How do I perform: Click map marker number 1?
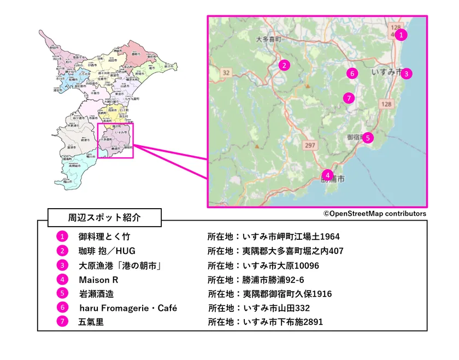[401, 35]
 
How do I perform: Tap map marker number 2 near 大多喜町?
[283, 66]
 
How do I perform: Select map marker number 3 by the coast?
[406, 73]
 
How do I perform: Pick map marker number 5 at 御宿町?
[368, 138]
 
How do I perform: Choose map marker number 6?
[352, 73]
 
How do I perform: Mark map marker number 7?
[350, 98]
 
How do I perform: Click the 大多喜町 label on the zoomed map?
[268, 39]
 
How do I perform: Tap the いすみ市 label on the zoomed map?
[386, 72]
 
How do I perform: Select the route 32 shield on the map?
[226, 72]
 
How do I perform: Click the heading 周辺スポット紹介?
[104, 217]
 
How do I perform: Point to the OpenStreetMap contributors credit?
[374, 214]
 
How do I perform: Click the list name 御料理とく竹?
[104, 237]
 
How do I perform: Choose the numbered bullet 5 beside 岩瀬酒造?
[62, 294]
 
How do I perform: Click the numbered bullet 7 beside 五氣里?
[62, 322]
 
